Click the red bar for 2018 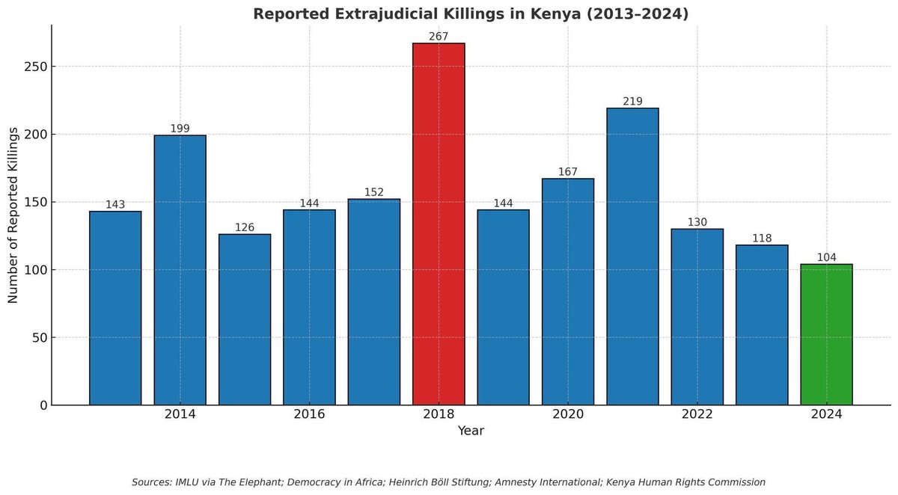tap(439, 224)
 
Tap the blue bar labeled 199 tap(180, 270)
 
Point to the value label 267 tap(439, 37)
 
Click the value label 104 tap(826, 258)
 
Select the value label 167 tap(568, 172)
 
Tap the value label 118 tap(762, 239)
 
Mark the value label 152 tap(374, 192)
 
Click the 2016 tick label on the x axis tap(309, 414)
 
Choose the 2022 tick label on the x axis tap(697, 414)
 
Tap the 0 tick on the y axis tap(43, 405)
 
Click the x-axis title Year tap(471, 431)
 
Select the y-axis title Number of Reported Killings tap(13, 215)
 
